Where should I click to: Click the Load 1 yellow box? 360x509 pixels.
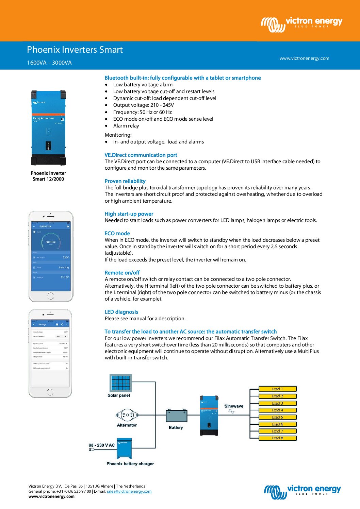tap(277, 389)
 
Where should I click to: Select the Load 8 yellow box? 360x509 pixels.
tap(277, 438)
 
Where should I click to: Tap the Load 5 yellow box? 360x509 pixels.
tap(277, 417)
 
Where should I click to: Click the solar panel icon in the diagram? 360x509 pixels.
tap(120, 383)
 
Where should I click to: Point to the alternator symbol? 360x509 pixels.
tap(127, 415)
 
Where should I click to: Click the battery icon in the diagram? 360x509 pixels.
tap(177, 416)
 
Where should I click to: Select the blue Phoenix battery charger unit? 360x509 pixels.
tap(124, 448)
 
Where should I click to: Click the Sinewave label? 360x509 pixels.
tap(234, 406)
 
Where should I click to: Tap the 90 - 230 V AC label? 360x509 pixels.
tap(102, 445)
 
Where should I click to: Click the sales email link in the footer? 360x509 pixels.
tap(129, 491)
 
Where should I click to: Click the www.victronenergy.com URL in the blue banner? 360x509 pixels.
tap(304, 58)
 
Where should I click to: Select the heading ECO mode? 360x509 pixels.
tap(117, 234)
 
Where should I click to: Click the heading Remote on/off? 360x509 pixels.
tap(122, 273)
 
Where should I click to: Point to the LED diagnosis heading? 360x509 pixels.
tap(121, 312)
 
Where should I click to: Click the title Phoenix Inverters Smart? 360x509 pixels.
tap(75, 50)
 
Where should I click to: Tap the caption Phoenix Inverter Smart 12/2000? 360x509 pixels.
tap(48, 176)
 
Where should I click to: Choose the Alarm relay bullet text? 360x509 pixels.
tap(126, 126)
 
